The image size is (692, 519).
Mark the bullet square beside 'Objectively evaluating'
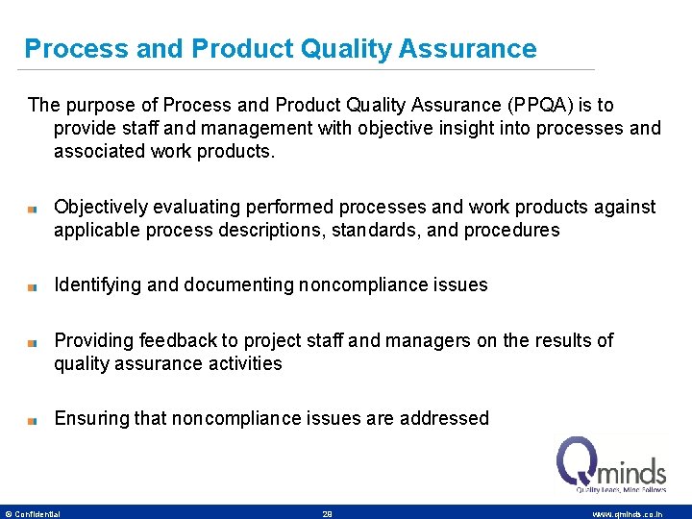32,208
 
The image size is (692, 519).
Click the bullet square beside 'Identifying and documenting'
32,286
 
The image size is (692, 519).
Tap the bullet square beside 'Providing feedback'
32,342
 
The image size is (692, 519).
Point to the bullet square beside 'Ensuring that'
32,420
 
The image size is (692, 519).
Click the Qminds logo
611,464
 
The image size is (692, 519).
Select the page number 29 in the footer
327,514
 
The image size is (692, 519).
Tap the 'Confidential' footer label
37,514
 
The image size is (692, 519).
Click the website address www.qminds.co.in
627,514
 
